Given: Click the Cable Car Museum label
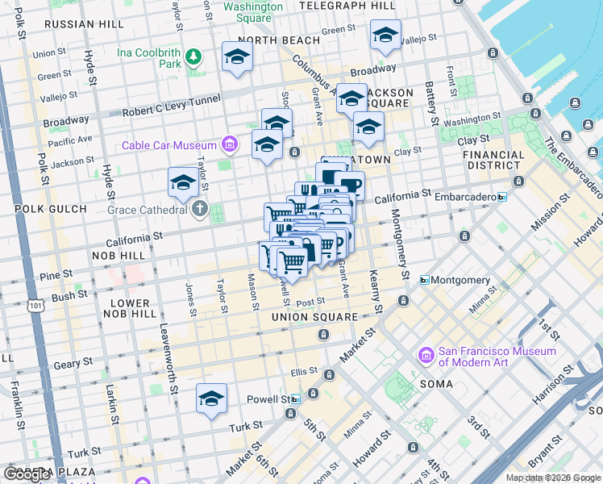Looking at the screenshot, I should coord(169,146).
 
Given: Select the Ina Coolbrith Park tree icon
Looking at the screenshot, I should coord(193,56).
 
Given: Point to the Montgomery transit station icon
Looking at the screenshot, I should coord(424,280).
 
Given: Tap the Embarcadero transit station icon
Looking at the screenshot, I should coord(502,196).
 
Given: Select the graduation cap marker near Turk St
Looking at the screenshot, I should coord(212,398).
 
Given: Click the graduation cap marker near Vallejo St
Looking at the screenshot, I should coord(385,35).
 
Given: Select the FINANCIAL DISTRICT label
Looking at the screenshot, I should coord(493,160).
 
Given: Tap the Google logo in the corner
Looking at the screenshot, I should coord(27,474).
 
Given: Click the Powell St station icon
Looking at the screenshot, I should coord(295,399).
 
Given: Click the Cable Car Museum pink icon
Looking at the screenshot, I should coord(230,145).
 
